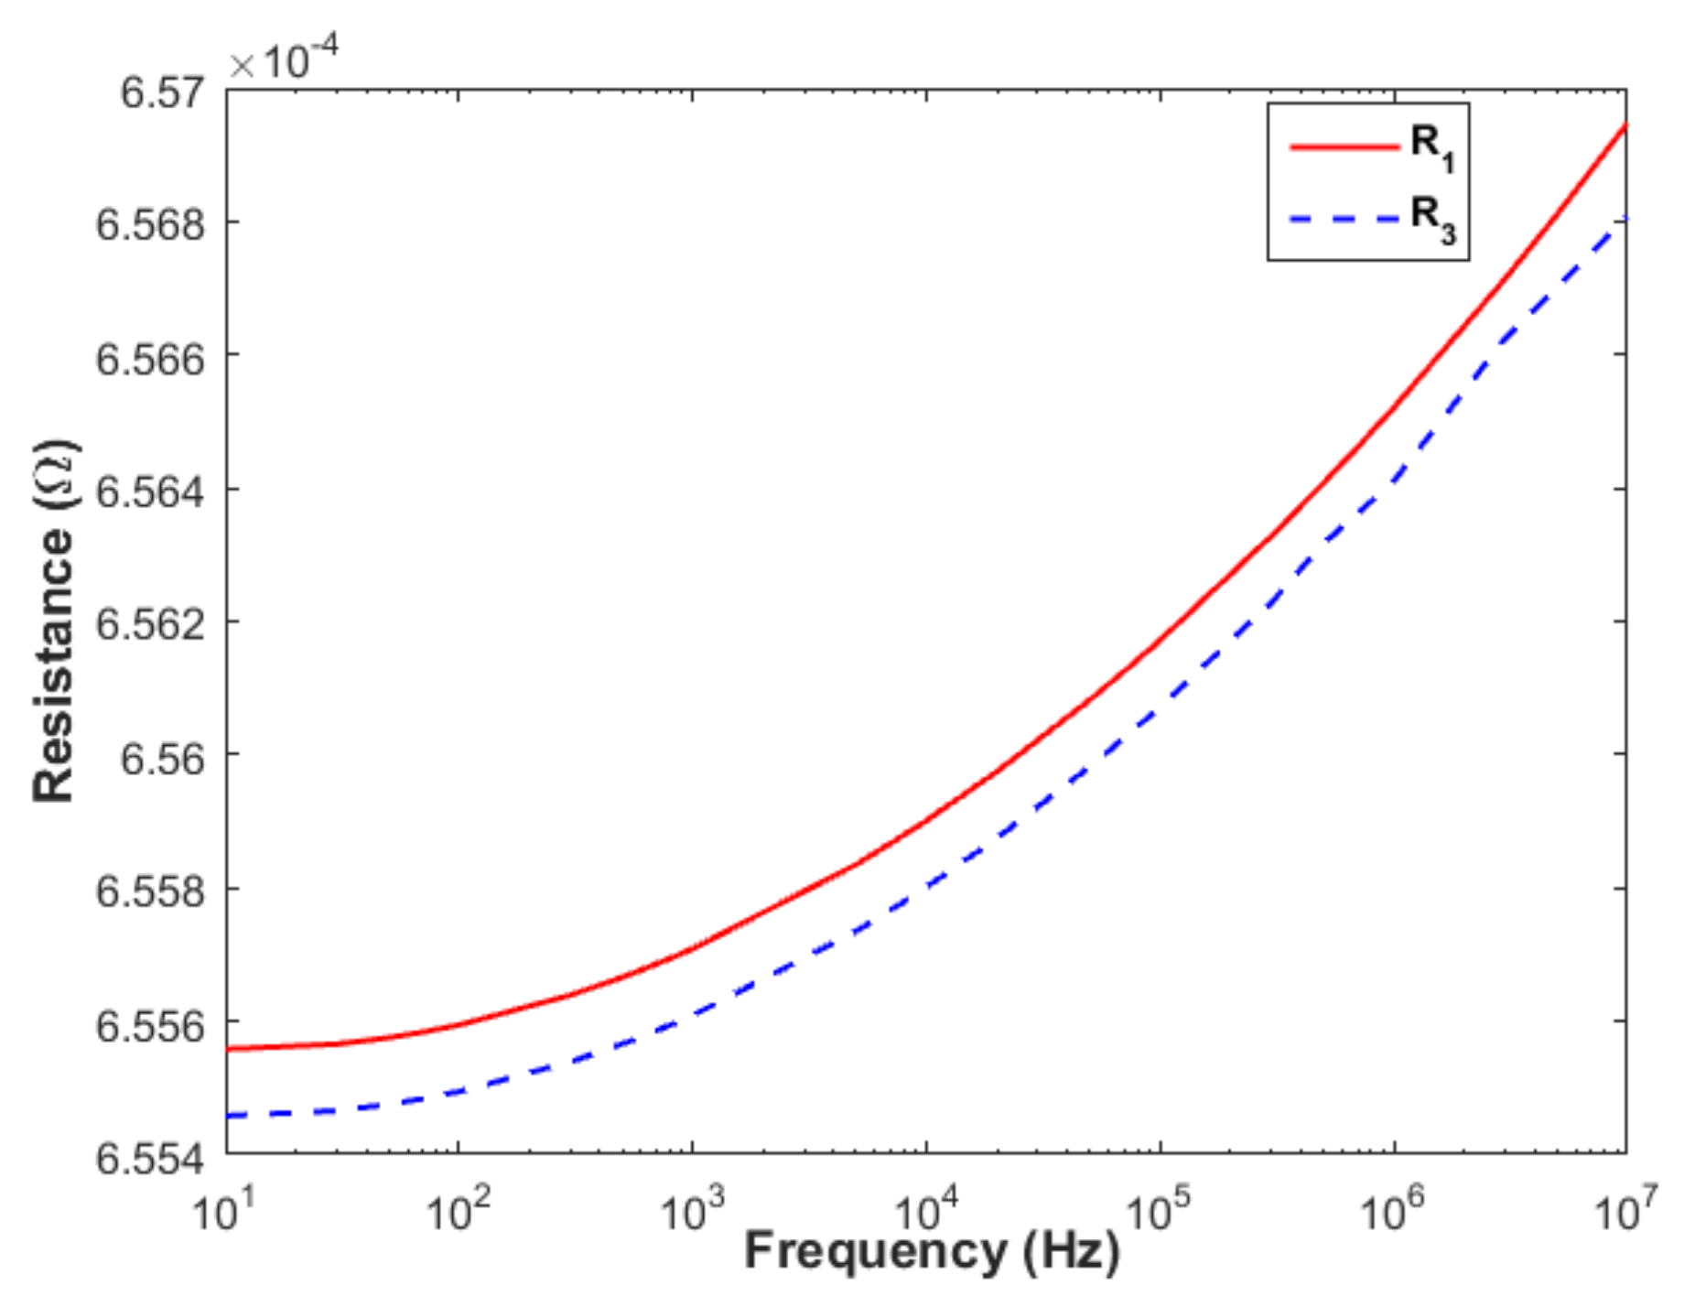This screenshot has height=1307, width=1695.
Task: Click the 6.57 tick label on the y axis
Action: pos(161,92)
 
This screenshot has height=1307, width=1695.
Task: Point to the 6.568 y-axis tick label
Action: pos(150,224)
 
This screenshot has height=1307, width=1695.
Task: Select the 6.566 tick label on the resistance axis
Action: pos(150,358)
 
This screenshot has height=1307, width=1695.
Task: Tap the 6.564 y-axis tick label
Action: pos(150,491)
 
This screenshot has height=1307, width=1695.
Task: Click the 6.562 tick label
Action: pos(150,624)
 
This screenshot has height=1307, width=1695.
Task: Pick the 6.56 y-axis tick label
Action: pos(161,758)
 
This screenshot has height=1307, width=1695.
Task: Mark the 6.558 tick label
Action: pos(150,891)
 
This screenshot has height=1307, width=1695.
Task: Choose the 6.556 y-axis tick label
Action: pos(150,1024)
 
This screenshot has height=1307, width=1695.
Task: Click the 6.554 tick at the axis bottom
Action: pos(150,1158)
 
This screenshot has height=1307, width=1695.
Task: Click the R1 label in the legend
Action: pos(1431,146)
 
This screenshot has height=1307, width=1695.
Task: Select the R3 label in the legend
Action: pos(1431,218)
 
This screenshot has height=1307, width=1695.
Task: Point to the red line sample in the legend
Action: pos(1344,146)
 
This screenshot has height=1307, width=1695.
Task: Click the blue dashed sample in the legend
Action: pos(1344,218)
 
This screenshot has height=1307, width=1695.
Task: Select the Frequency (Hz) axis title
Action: pos(931,1251)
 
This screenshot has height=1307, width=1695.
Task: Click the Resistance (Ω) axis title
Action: pos(55,622)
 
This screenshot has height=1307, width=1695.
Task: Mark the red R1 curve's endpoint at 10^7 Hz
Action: pos(1625,125)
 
